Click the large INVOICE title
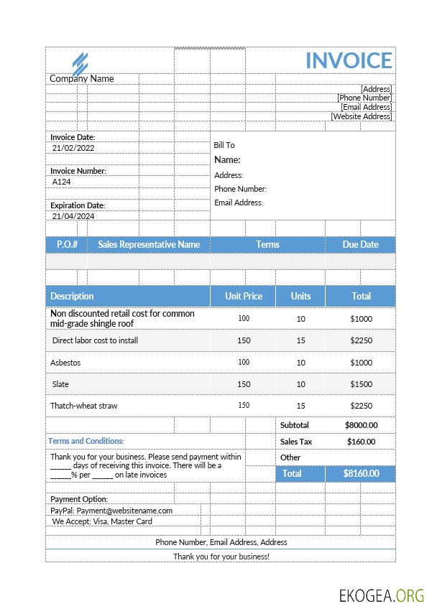pyautogui.click(x=349, y=60)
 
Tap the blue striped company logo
pyautogui.click(x=80, y=62)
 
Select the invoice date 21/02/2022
pyautogui.click(x=73, y=148)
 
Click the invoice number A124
pyautogui.click(x=62, y=182)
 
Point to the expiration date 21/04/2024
pyautogui.click(x=73, y=216)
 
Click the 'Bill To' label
pyautogui.click(x=224, y=145)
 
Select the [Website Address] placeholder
pyautogui.click(x=361, y=116)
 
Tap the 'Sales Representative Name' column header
pyautogui.click(x=149, y=245)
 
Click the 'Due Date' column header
pyautogui.click(x=360, y=245)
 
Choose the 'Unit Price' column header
pyautogui.click(x=243, y=296)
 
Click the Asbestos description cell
pyautogui.click(x=65, y=363)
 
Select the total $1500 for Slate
pyautogui.click(x=361, y=384)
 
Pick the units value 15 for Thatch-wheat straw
pyautogui.click(x=300, y=406)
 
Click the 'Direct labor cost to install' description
pyautogui.click(x=96, y=340)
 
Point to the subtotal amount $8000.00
pyautogui.click(x=361, y=425)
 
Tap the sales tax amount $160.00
pyautogui.click(x=361, y=442)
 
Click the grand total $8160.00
pyautogui.click(x=360, y=474)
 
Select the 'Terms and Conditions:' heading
pyautogui.click(x=86, y=441)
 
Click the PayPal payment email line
pyautogui.click(x=111, y=511)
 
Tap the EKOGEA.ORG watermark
pyautogui.click(x=382, y=595)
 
